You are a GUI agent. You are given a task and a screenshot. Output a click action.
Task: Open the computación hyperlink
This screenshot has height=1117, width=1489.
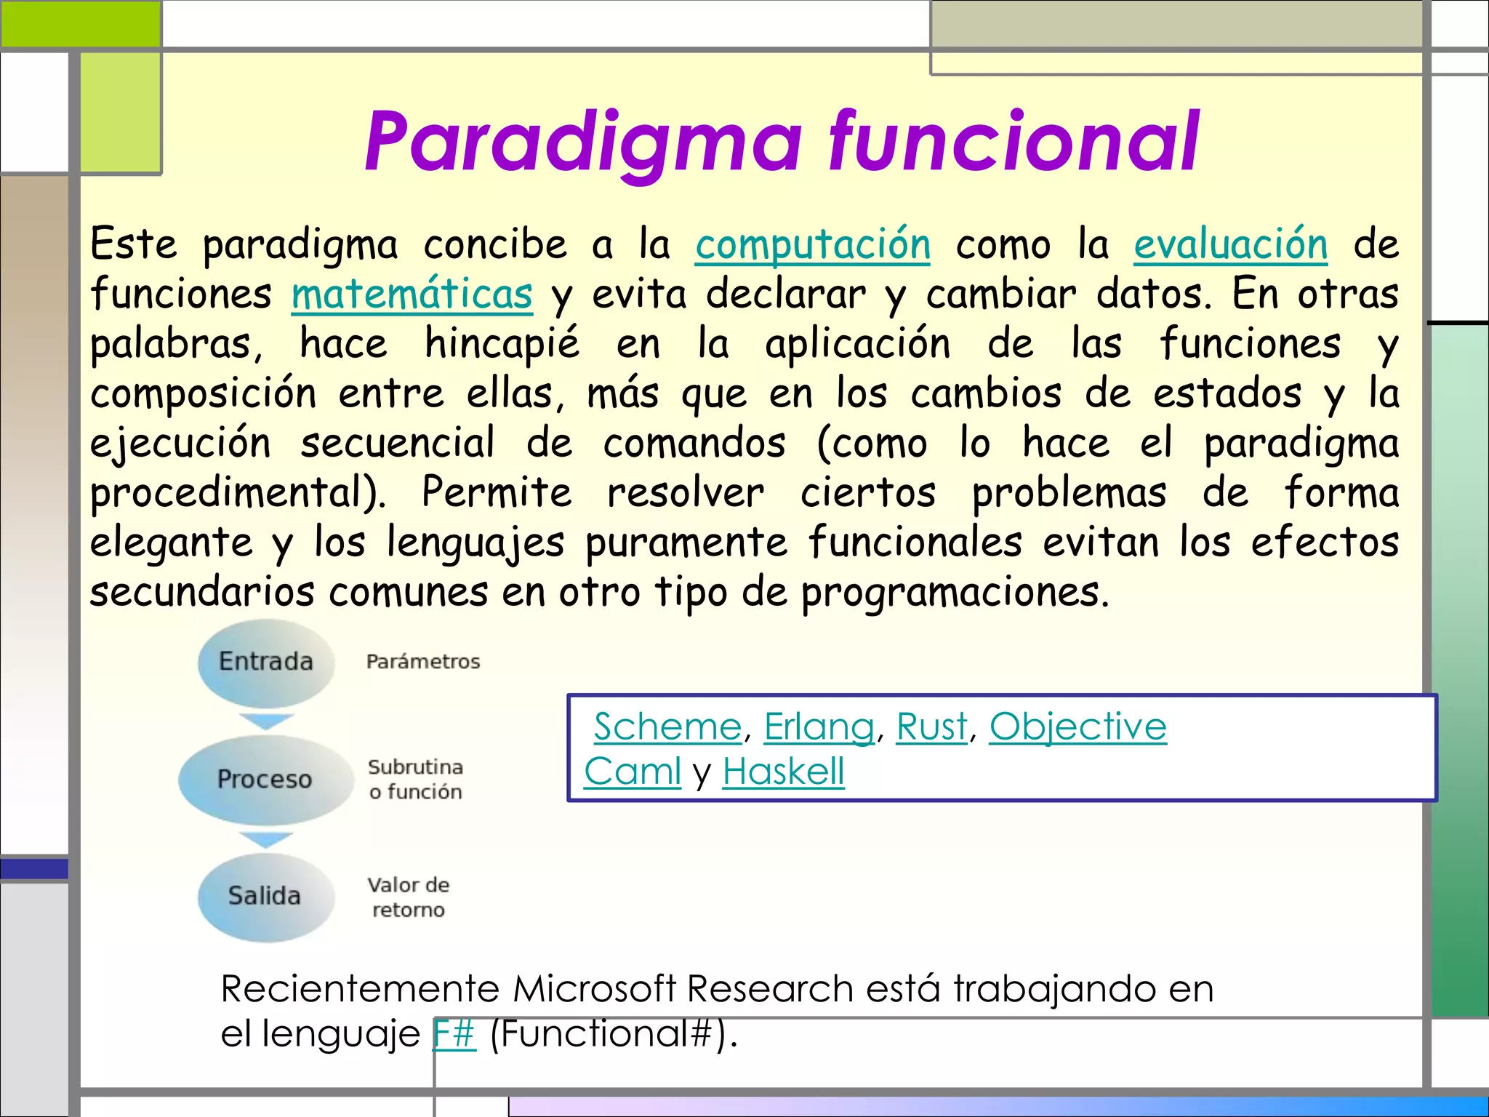coord(812,244)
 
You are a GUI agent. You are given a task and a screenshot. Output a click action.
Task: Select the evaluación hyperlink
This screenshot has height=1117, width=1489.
coord(1230,244)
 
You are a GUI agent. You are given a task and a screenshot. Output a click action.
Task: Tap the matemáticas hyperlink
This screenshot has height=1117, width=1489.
coord(412,295)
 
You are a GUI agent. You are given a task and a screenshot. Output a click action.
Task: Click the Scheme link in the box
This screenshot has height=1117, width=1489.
coord(667,726)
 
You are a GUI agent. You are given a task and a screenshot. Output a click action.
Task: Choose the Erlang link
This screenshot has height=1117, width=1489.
coord(819,726)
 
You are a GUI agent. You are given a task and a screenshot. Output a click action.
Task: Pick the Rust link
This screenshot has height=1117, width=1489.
coord(931,726)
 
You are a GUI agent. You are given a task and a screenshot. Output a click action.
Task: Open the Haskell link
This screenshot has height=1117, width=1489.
coord(783,772)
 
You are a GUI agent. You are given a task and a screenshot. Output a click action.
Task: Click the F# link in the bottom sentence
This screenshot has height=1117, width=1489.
coord(454,1033)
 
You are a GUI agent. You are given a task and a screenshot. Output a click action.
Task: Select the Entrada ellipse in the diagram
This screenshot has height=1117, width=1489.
coord(266,662)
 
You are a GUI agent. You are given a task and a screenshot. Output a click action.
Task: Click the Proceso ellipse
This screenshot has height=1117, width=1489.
coord(265,779)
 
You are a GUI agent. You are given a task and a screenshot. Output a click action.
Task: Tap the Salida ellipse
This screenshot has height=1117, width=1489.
coord(265,896)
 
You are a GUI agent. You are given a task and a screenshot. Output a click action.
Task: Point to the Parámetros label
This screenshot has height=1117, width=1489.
coord(422,662)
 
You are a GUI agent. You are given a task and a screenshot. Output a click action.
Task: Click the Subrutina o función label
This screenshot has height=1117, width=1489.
coord(415,779)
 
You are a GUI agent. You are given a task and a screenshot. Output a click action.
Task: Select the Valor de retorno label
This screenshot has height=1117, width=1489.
coord(408,897)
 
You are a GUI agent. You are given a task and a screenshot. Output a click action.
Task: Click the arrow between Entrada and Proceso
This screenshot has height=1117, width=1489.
coord(266,721)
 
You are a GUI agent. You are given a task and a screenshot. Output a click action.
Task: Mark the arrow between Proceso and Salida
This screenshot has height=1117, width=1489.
coord(266,839)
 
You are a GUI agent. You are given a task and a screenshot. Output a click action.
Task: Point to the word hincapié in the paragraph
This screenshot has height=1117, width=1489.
coord(502,344)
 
